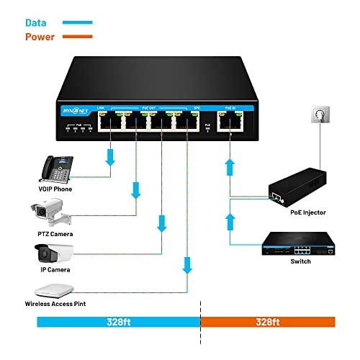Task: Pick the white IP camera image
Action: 54,253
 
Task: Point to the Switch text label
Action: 301,261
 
